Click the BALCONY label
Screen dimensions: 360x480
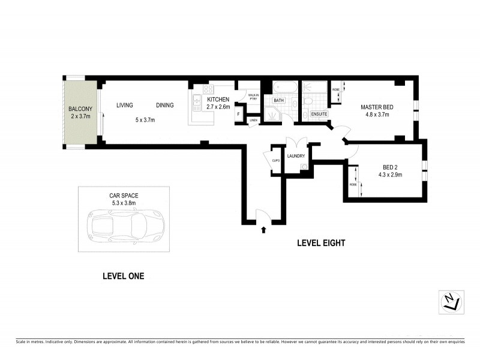(x=79, y=109)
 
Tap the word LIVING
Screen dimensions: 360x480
(x=124, y=106)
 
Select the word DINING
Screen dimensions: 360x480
(x=164, y=106)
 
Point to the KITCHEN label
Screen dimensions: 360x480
(x=218, y=99)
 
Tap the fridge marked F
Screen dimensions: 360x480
(x=238, y=113)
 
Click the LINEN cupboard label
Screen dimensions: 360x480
(x=254, y=121)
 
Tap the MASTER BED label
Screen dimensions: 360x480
(x=375, y=107)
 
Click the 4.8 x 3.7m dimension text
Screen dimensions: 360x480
(x=375, y=114)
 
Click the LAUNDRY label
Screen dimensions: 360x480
(x=296, y=156)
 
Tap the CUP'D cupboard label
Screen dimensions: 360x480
(x=277, y=161)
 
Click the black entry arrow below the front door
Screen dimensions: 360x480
(x=263, y=229)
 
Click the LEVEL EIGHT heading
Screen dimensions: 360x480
(x=321, y=243)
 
